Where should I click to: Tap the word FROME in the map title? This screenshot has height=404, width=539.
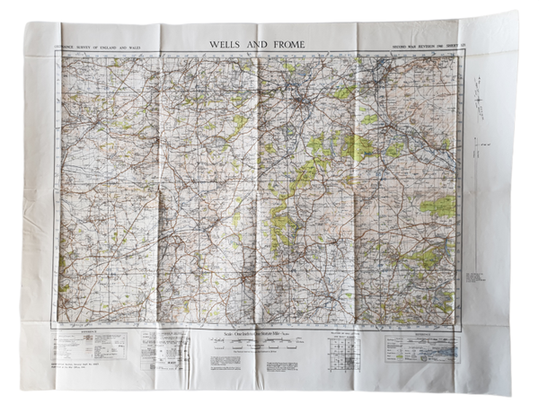click(288, 43)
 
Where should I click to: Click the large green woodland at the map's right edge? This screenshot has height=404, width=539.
click(438, 207)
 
